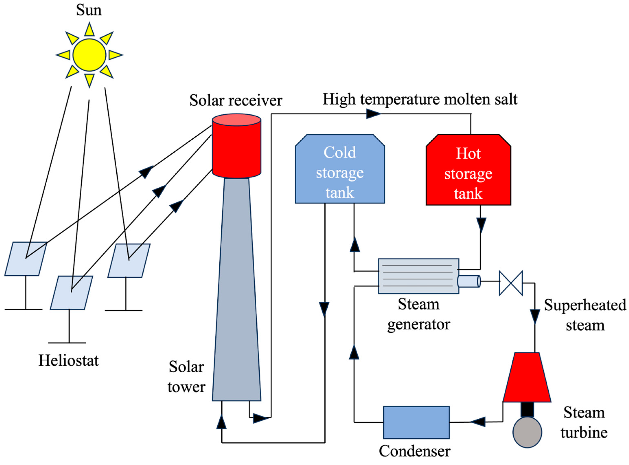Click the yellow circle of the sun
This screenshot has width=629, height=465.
point(89,55)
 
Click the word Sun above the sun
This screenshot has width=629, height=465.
point(89,10)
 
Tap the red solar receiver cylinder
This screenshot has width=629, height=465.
point(236,149)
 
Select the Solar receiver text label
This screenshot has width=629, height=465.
point(236,101)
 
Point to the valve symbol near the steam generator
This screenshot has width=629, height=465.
point(511,283)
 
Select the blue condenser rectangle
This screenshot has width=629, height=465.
point(416,422)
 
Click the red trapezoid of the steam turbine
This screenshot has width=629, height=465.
point(527,379)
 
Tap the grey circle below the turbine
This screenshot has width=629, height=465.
point(527,432)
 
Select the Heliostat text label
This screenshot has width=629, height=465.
point(68,361)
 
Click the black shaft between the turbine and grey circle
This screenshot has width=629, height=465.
point(527,410)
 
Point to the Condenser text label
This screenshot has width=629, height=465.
point(415,451)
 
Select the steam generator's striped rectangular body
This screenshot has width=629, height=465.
point(418,276)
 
